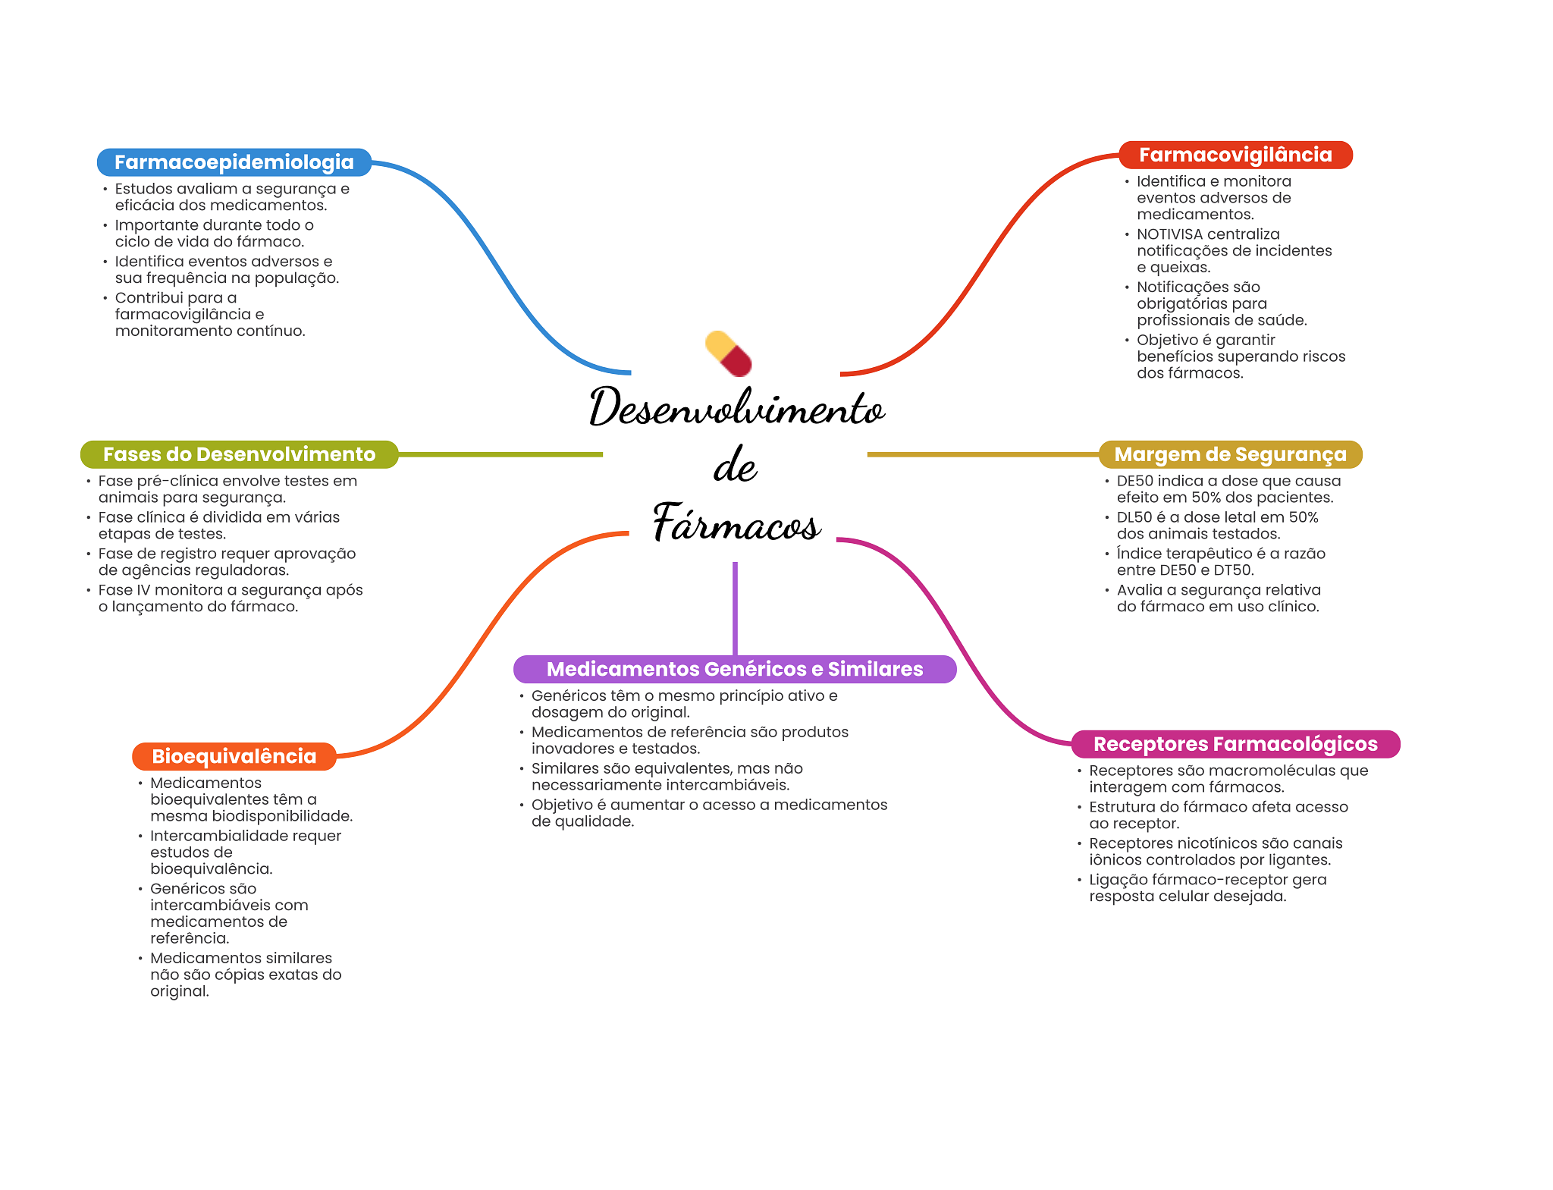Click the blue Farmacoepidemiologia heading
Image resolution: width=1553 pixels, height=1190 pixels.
[234, 162]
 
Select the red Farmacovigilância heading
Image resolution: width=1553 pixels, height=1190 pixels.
[1235, 155]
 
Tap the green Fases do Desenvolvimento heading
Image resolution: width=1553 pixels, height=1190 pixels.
[239, 454]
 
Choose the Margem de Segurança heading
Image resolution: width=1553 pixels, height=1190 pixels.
[1230, 454]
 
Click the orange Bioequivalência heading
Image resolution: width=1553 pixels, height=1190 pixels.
[234, 756]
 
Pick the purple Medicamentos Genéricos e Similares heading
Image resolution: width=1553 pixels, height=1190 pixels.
[734, 669]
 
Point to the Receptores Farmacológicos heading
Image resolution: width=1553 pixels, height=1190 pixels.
[1235, 744]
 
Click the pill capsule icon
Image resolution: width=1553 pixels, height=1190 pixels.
[729, 353]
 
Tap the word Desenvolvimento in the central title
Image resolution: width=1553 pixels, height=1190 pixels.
[736, 408]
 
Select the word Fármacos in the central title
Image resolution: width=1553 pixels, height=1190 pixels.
[736, 523]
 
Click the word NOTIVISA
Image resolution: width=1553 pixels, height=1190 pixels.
[1169, 234]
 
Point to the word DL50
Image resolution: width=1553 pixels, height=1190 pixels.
[1134, 517]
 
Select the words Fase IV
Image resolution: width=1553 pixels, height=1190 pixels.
[125, 590]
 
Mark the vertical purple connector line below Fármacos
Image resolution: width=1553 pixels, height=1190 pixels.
[735, 607]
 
